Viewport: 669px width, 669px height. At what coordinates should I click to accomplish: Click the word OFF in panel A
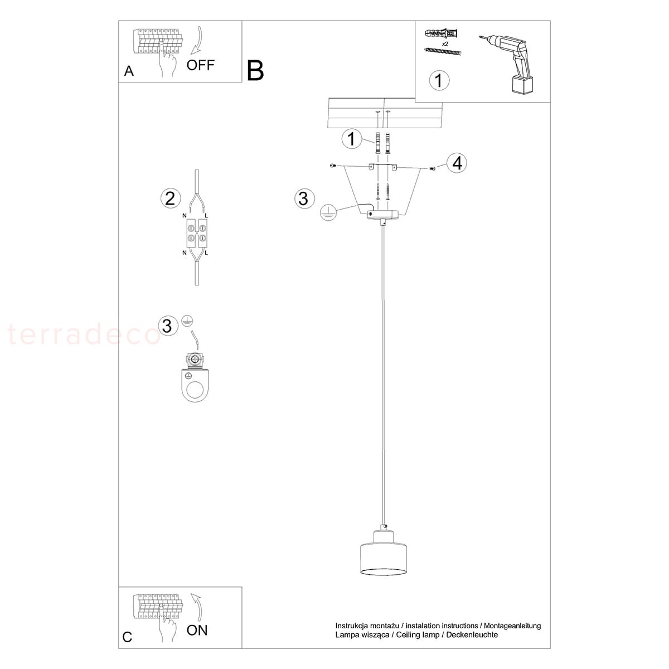point(200,65)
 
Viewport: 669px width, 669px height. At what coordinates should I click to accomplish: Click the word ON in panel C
point(197,630)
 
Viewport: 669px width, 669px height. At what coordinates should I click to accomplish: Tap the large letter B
point(255,70)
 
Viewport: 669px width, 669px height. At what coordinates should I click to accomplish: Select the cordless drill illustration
point(507,64)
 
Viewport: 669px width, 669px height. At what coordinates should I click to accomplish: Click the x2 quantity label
point(445,44)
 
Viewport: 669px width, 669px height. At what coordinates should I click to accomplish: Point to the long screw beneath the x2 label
point(443,52)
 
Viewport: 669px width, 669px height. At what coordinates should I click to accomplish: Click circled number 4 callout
point(457,163)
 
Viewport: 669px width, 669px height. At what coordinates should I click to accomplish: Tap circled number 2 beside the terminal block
point(171,198)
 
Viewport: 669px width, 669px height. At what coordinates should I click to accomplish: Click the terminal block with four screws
point(197,233)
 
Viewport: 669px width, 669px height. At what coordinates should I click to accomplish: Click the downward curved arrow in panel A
point(197,40)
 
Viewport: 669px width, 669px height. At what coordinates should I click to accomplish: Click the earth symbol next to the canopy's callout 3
point(328,212)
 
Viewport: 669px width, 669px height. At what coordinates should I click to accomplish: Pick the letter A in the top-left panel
point(129,71)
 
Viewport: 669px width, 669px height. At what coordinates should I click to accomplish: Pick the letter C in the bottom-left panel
point(127,637)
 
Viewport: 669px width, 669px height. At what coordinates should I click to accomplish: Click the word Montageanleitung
point(512,626)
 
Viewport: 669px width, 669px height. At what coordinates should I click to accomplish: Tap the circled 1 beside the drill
point(439,80)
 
